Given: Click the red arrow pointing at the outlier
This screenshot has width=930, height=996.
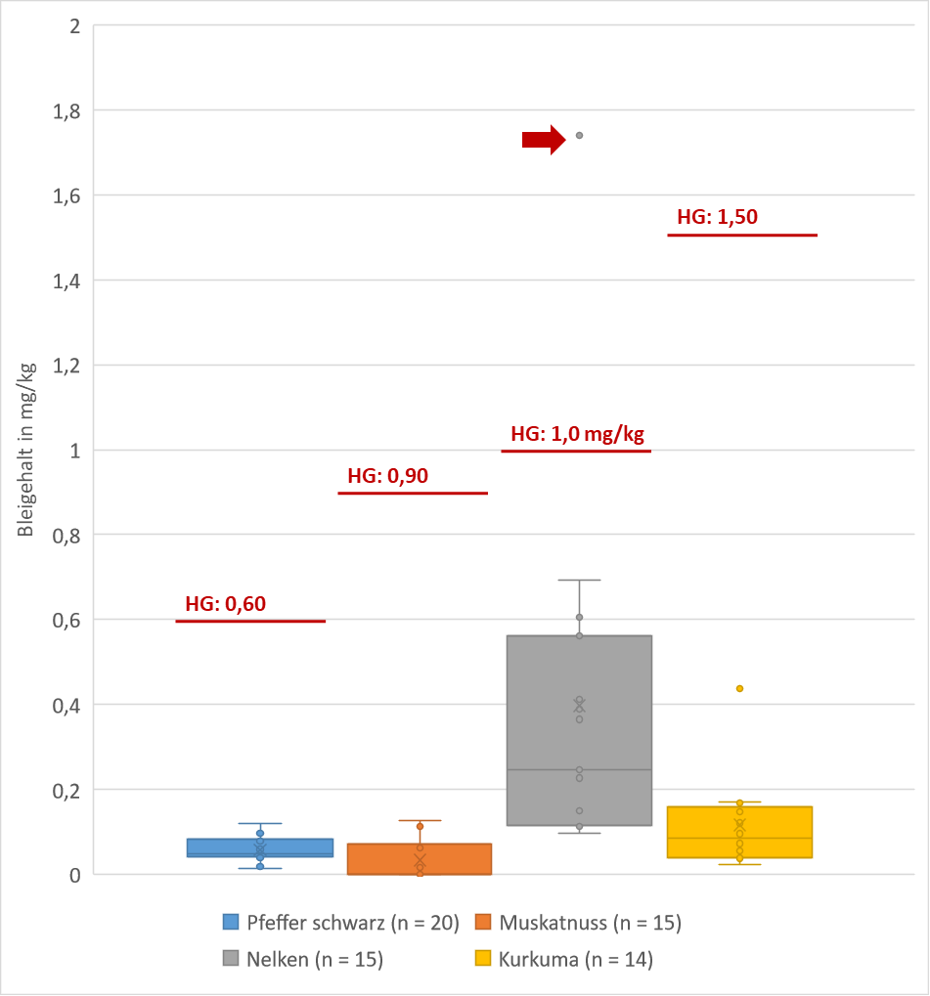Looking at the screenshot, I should point(544,140).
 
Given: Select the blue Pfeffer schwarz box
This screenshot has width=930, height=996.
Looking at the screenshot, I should point(260,847).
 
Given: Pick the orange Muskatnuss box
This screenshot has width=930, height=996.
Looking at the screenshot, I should point(420,859).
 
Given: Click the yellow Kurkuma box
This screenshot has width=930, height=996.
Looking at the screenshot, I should point(740,832).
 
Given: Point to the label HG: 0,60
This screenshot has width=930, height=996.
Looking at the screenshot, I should point(226,604).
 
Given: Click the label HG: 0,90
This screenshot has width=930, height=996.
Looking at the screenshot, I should point(388,477).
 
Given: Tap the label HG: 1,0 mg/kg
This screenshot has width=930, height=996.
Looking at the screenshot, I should point(578,434).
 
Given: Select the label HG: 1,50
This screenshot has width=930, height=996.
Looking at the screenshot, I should point(717,218).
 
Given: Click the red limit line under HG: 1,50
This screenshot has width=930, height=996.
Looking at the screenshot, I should point(741,236).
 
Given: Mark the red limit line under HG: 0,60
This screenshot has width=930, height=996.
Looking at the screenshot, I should point(250,621).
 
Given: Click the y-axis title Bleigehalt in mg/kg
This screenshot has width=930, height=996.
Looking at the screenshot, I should point(26,450).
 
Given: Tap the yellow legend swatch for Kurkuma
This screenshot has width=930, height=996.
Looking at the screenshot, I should point(482,960).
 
